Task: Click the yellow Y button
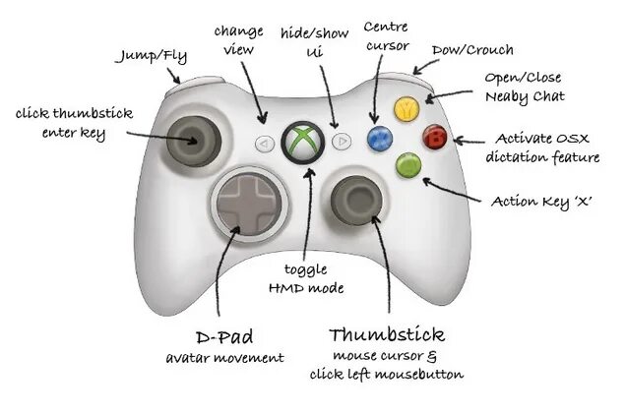[x=403, y=109]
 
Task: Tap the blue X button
[x=375, y=137]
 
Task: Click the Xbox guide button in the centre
[x=300, y=142]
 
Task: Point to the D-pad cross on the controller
[x=248, y=204]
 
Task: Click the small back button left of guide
[x=264, y=143]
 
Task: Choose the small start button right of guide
[x=341, y=142]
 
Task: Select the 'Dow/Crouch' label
[x=472, y=49]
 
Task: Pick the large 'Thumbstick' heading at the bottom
[x=387, y=334]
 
